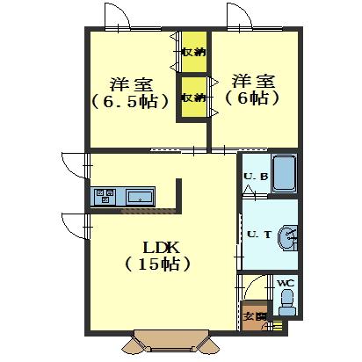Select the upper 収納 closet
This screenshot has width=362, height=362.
pyautogui.click(x=193, y=51)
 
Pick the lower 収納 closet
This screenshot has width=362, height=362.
pyautogui.click(x=193, y=97)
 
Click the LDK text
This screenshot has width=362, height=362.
pyautogui.click(x=157, y=246)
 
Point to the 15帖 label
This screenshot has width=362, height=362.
pyautogui.click(x=158, y=263)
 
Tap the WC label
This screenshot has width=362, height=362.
pyautogui.click(x=285, y=283)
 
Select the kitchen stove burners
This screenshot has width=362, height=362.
pyautogui.click(x=104, y=194)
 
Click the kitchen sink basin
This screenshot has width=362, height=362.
pyautogui.click(x=140, y=195)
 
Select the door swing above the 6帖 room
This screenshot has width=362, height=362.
pyautogui.click(x=236, y=18)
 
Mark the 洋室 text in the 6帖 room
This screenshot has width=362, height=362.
pyautogui.click(x=253, y=82)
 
